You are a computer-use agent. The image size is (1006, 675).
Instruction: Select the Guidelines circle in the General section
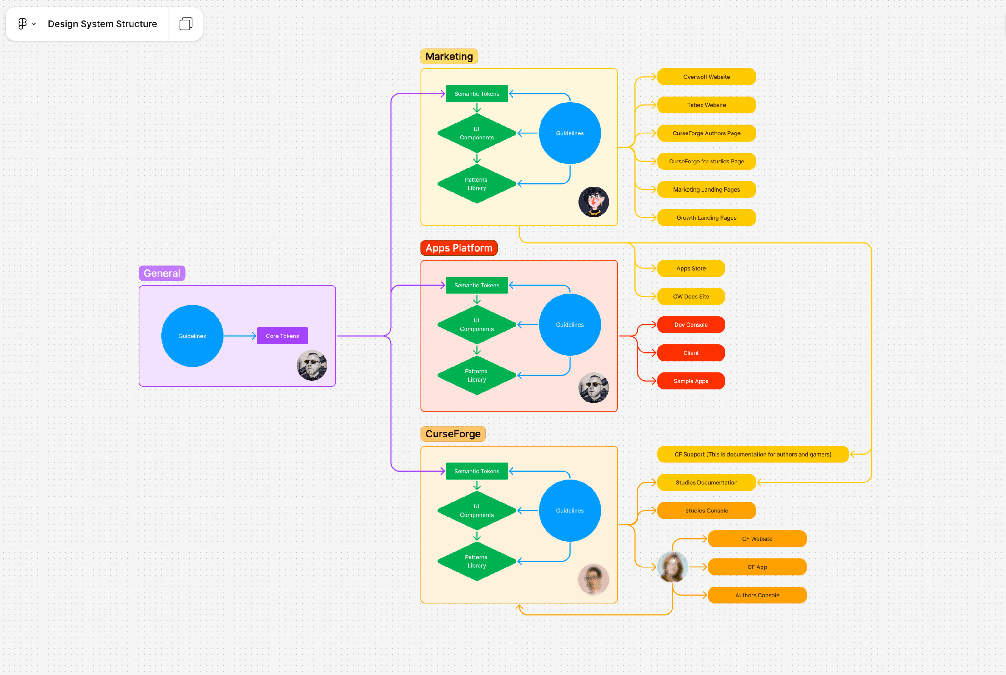tap(192, 336)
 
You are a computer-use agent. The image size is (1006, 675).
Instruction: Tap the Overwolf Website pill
tap(706, 77)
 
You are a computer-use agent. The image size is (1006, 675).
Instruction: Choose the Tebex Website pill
tap(706, 105)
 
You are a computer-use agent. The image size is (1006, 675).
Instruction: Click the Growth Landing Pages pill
tap(706, 218)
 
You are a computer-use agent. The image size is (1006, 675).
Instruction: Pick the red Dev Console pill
tap(691, 325)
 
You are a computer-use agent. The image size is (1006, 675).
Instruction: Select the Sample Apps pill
tap(691, 381)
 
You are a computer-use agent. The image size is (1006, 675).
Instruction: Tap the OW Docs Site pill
tap(691, 297)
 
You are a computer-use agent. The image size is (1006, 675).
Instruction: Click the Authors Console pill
tap(757, 595)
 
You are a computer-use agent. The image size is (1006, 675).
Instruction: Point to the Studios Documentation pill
tap(706, 482)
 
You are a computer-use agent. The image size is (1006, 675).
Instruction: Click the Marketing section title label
tap(449, 56)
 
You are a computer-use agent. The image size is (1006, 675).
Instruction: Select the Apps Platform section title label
tap(459, 248)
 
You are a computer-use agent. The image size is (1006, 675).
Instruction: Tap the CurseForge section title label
tap(453, 434)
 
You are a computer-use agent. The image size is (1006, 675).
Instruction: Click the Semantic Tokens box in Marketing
tap(477, 94)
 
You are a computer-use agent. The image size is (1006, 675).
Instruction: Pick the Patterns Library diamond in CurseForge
tap(477, 561)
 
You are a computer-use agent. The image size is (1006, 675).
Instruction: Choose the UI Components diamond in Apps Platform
tap(477, 325)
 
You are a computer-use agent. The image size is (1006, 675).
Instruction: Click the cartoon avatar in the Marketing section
tap(593, 202)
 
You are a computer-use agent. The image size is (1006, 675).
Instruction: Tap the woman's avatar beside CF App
tap(672, 567)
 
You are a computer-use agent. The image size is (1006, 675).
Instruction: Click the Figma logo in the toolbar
tap(23, 24)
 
